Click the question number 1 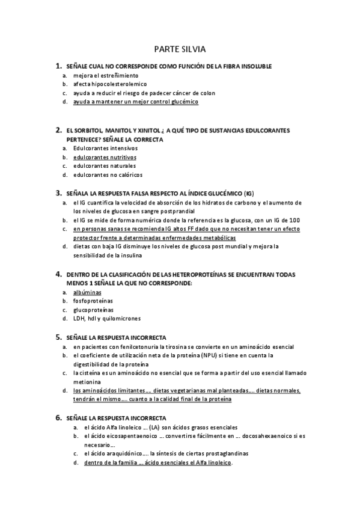pos(58,66)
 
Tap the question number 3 pos(58,194)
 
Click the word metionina pos(88,381)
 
